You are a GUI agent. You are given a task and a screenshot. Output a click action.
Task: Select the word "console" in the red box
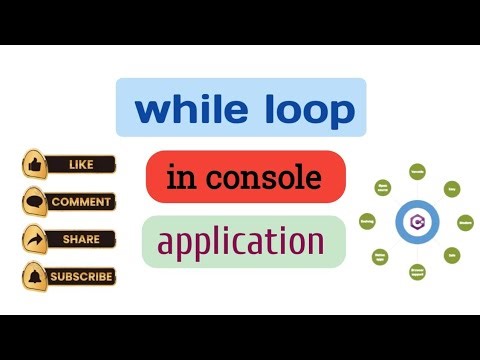point(273,178)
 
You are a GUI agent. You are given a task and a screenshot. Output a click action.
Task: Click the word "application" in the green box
point(240,241)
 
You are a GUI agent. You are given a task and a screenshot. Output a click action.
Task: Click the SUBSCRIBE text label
point(82,276)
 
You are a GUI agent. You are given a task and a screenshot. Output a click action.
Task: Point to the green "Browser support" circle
point(416,271)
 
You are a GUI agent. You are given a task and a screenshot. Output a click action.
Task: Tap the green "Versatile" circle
point(416,171)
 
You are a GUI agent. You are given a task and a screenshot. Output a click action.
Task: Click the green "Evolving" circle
point(367,221)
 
